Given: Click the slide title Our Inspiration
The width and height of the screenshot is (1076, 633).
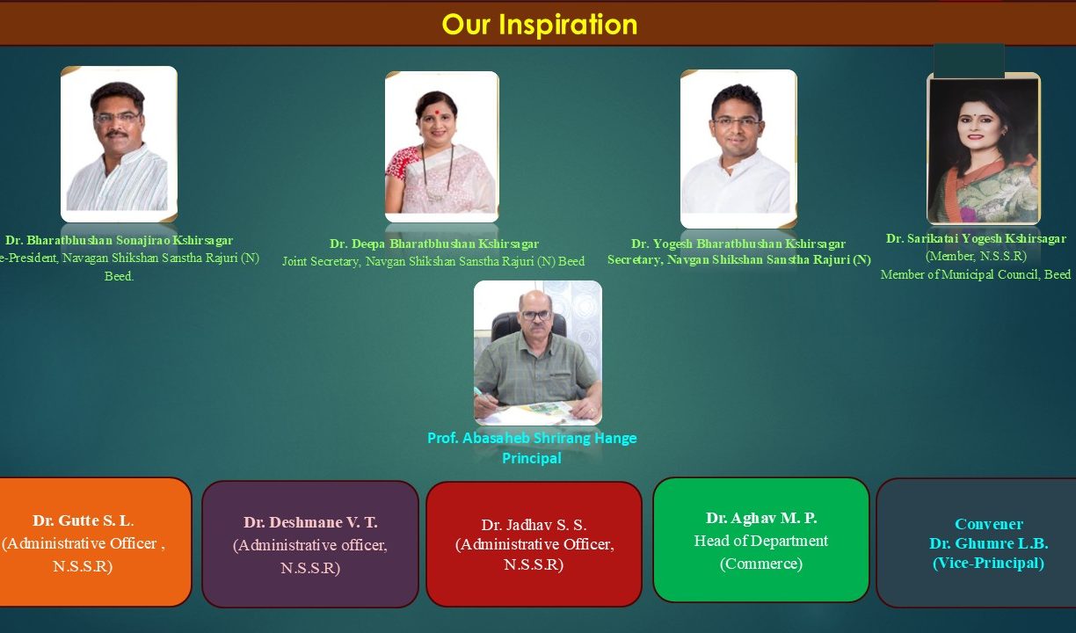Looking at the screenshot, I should pos(539,24).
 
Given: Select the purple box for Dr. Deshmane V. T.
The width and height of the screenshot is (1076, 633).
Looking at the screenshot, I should pos(309,544).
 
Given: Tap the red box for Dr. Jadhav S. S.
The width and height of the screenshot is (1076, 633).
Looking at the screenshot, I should pos(534,544).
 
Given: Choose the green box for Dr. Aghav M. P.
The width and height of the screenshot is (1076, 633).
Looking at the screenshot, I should pos(760,540).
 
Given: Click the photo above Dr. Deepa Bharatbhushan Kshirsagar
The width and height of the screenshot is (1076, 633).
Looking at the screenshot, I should pos(441,146).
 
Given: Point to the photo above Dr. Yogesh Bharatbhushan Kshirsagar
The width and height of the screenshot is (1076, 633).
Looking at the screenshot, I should pos(738,149).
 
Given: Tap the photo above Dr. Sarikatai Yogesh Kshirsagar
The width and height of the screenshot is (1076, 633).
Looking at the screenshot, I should pos(984,149).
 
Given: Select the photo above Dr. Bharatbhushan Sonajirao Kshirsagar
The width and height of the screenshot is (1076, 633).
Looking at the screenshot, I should pos(119,143).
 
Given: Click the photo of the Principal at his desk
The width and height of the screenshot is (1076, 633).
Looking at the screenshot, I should pos(538,353).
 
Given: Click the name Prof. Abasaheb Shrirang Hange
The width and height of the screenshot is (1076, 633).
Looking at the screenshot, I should pos(532,438).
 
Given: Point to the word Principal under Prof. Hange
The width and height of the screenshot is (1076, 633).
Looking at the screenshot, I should pos(531,458).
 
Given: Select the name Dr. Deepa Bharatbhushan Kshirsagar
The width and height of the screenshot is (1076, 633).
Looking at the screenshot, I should pos(434,244).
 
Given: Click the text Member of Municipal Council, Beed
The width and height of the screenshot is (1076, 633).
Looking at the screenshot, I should pos(976,274).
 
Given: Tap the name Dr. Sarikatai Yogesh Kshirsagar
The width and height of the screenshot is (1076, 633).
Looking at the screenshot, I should pos(976,238).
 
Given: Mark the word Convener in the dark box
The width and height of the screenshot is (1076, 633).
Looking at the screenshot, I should pos(989,524).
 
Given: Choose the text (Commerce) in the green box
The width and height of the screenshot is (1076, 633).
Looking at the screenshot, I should pos(760,564).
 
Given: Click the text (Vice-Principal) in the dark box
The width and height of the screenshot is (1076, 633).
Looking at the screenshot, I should pos(988,563).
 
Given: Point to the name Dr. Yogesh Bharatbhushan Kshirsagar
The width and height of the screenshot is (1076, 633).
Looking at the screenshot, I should pos(738,244).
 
